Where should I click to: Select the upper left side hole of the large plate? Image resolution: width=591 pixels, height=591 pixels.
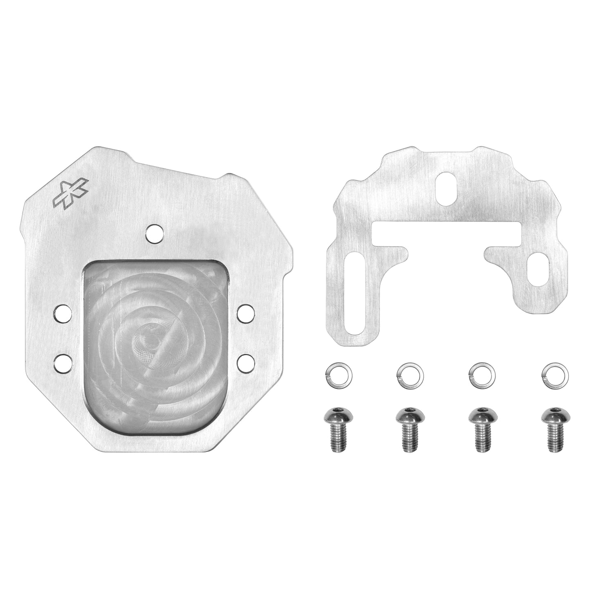coord(62,314)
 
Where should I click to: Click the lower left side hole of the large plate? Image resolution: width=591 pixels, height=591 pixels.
coord(62,361)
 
